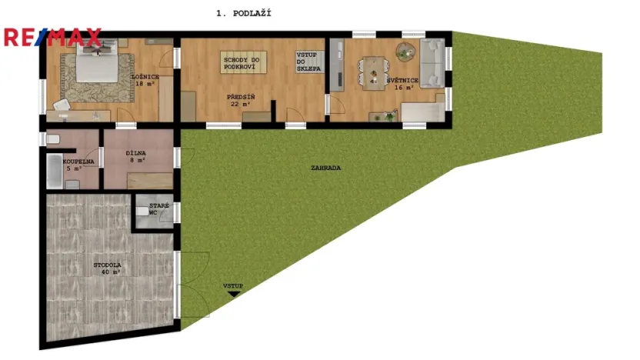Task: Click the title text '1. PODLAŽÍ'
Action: [244, 13]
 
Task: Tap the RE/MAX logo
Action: [52, 36]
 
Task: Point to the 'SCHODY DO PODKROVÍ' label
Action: [242, 65]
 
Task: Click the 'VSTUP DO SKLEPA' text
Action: [308, 62]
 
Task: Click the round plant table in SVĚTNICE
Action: [404, 51]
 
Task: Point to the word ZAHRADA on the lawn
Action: [326, 167]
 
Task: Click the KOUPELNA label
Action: [78, 161]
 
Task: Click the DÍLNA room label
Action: [137, 153]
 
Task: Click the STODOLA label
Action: [108, 265]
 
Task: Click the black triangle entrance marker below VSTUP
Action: [233, 293]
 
